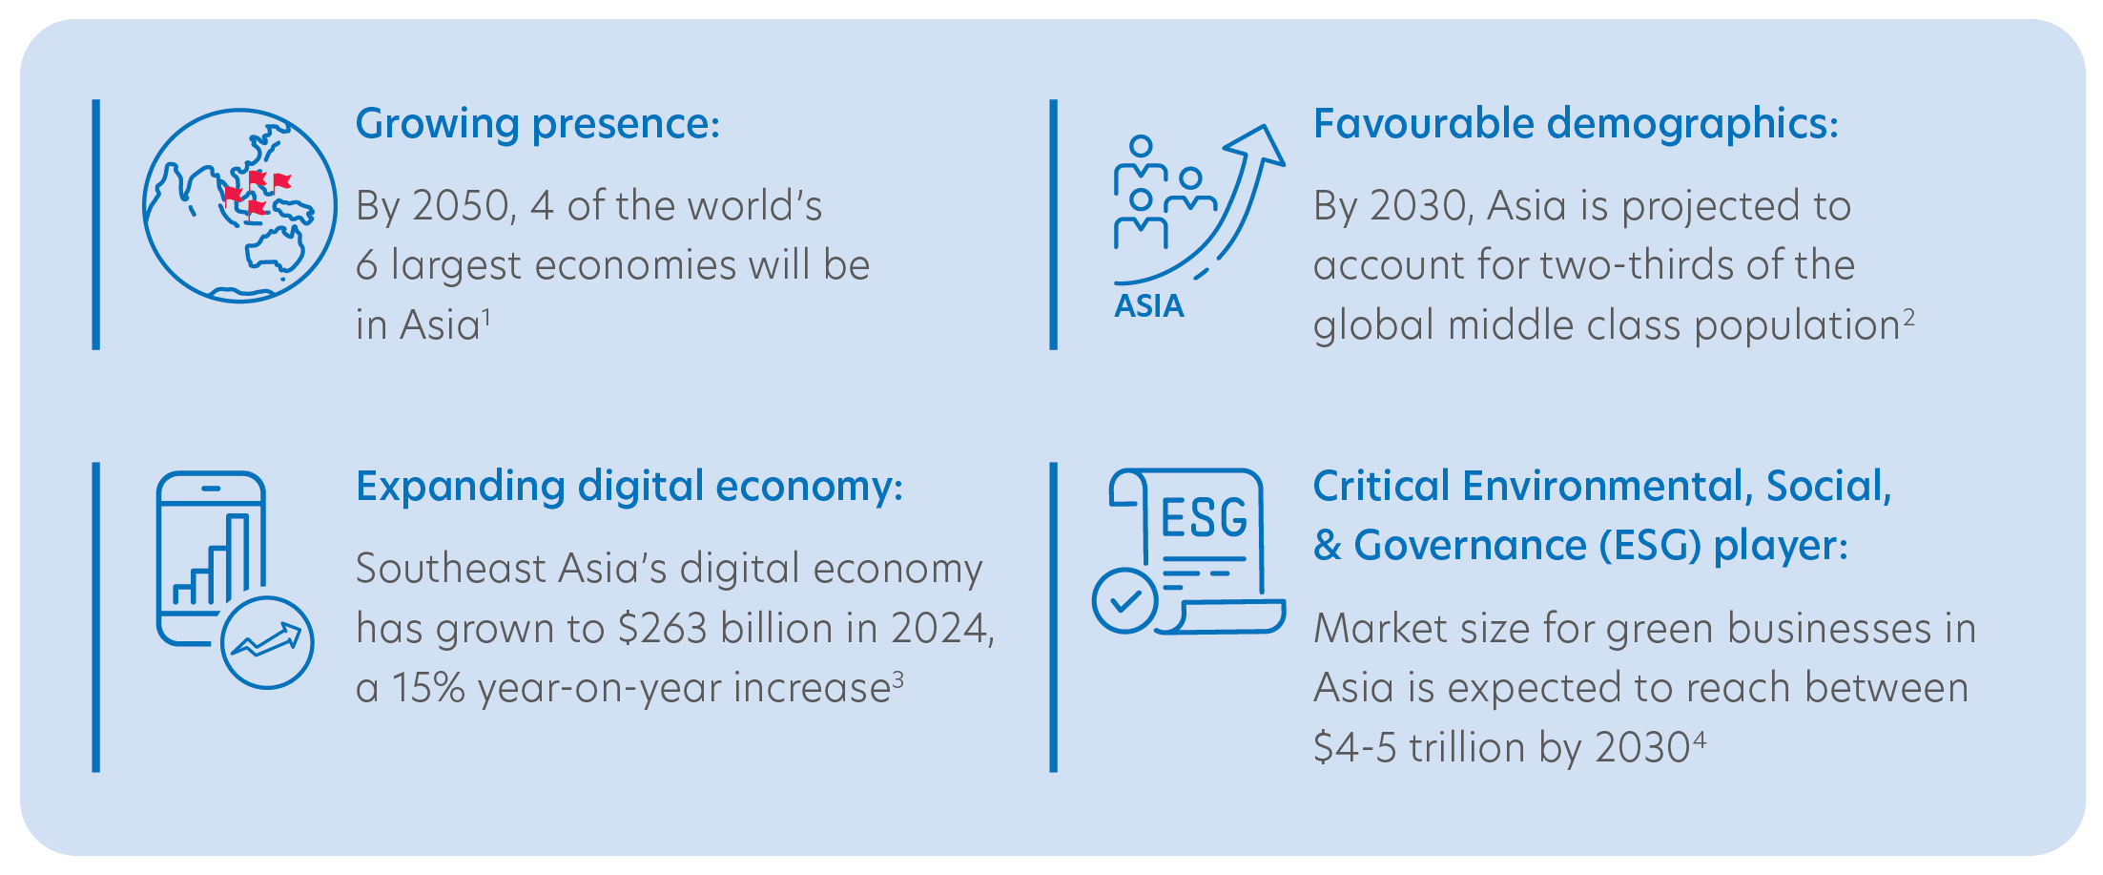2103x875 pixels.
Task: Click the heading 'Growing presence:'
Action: click(x=538, y=125)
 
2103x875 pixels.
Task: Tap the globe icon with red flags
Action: click(x=239, y=205)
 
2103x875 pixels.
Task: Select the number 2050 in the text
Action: click(x=462, y=206)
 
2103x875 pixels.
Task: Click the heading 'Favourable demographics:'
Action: click(x=1576, y=125)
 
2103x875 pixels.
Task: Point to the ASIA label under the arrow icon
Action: click(x=1149, y=306)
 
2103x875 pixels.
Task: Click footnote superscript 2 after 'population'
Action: click(x=1908, y=317)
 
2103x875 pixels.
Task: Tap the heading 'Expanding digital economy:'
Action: click(x=629, y=488)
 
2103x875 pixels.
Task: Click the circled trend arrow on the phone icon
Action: click(x=267, y=642)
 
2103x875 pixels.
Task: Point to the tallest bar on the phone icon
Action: click(x=238, y=558)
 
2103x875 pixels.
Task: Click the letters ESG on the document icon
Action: click(x=1204, y=518)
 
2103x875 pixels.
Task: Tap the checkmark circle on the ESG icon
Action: click(x=1125, y=600)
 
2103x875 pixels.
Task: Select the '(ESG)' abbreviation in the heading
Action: click(x=1650, y=546)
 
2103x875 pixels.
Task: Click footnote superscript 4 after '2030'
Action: click(x=1699, y=740)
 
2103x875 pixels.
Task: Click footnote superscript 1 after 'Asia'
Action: click(x=486, y=317)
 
